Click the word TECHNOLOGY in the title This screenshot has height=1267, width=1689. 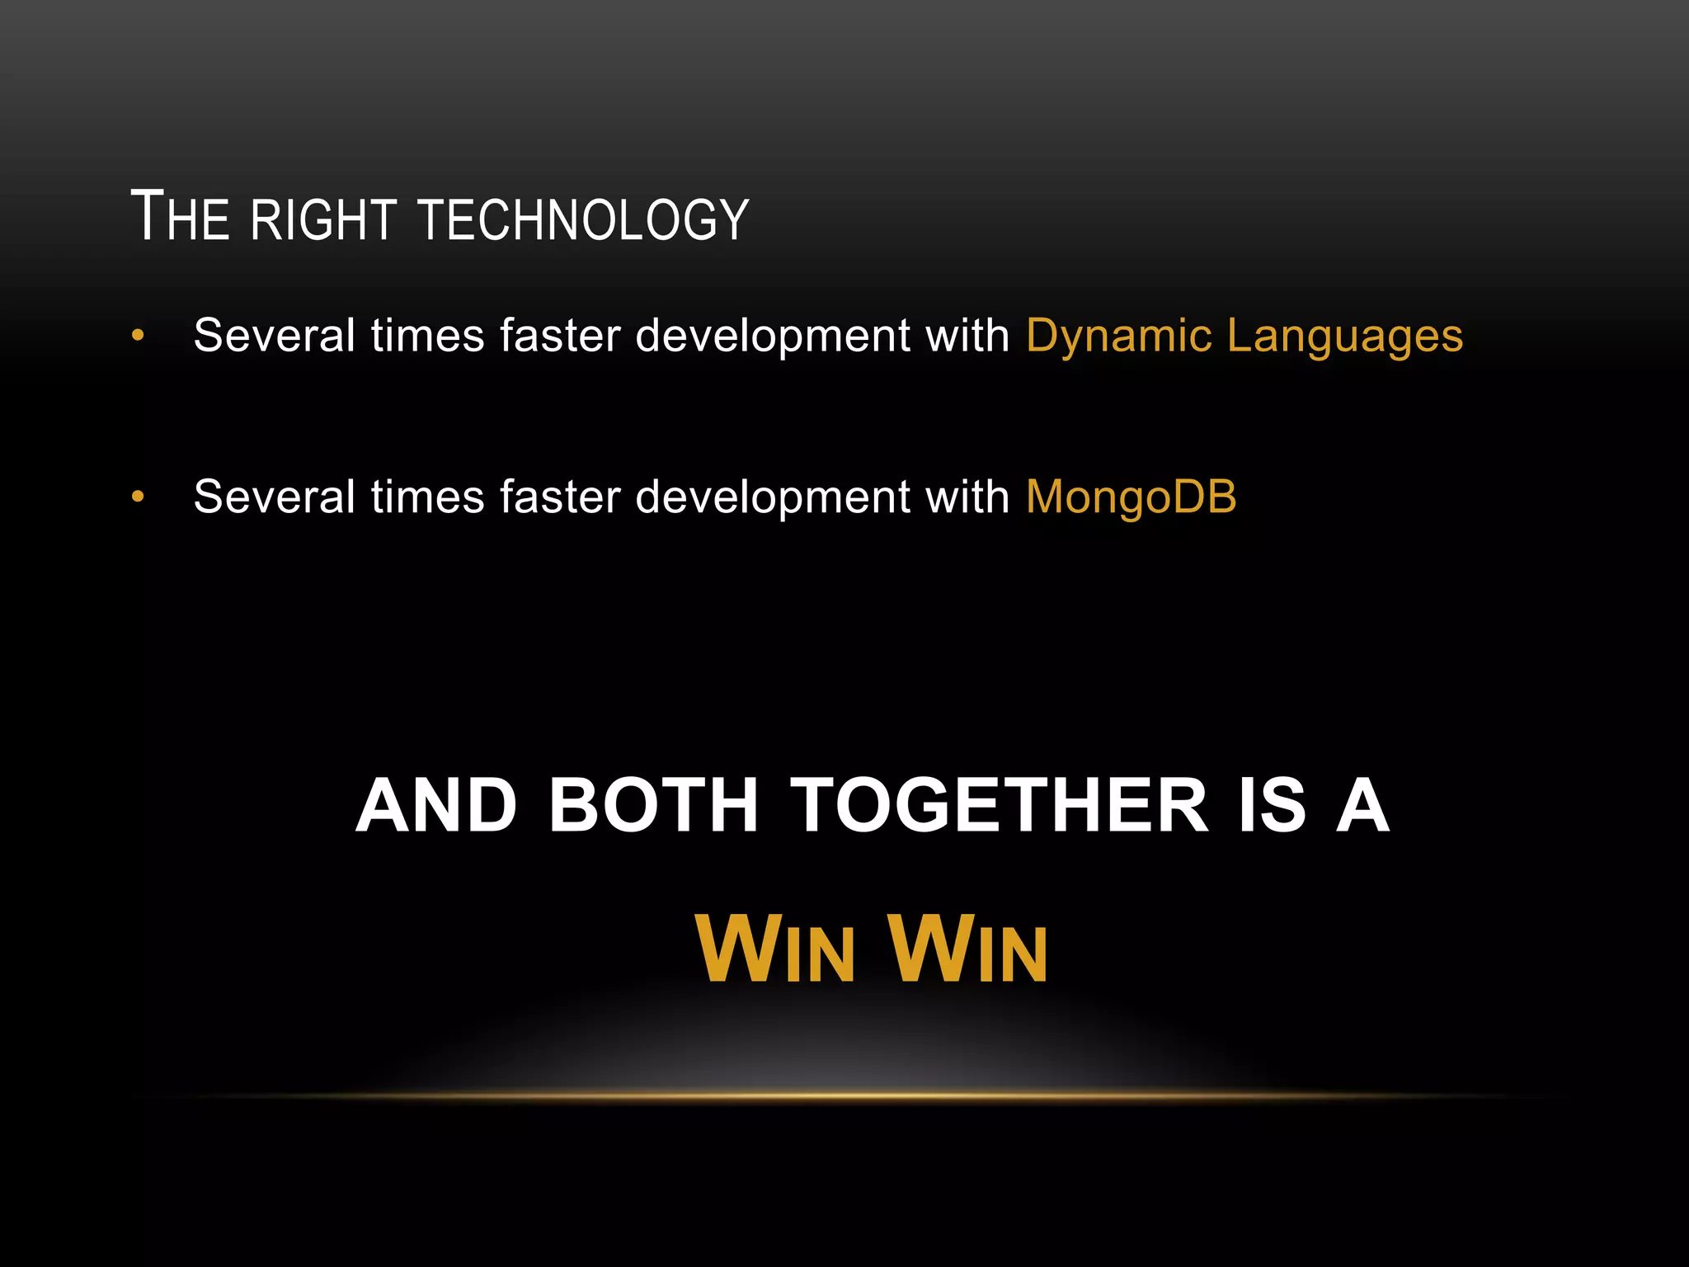tap(584, 219)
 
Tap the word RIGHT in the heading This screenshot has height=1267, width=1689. tap(324, 219)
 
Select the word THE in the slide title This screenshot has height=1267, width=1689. tap(180, 217)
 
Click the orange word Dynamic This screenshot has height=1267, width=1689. tap(1118, 337)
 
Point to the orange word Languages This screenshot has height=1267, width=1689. tap(1345, 337)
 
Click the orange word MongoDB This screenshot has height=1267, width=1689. tap(1131, 497)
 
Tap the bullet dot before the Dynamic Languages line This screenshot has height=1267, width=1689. tap(138, 336)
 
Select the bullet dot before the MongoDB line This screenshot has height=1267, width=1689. tap(138, 497)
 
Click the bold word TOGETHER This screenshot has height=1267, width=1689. tap(999, 806)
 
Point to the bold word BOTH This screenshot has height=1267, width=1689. tap(653, 806)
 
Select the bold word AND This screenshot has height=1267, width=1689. tap(436, 806)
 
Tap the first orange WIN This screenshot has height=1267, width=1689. tap(775, 950)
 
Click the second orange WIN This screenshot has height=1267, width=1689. tap(968, 950)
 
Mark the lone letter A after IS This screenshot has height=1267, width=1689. tap(1362, 806)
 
